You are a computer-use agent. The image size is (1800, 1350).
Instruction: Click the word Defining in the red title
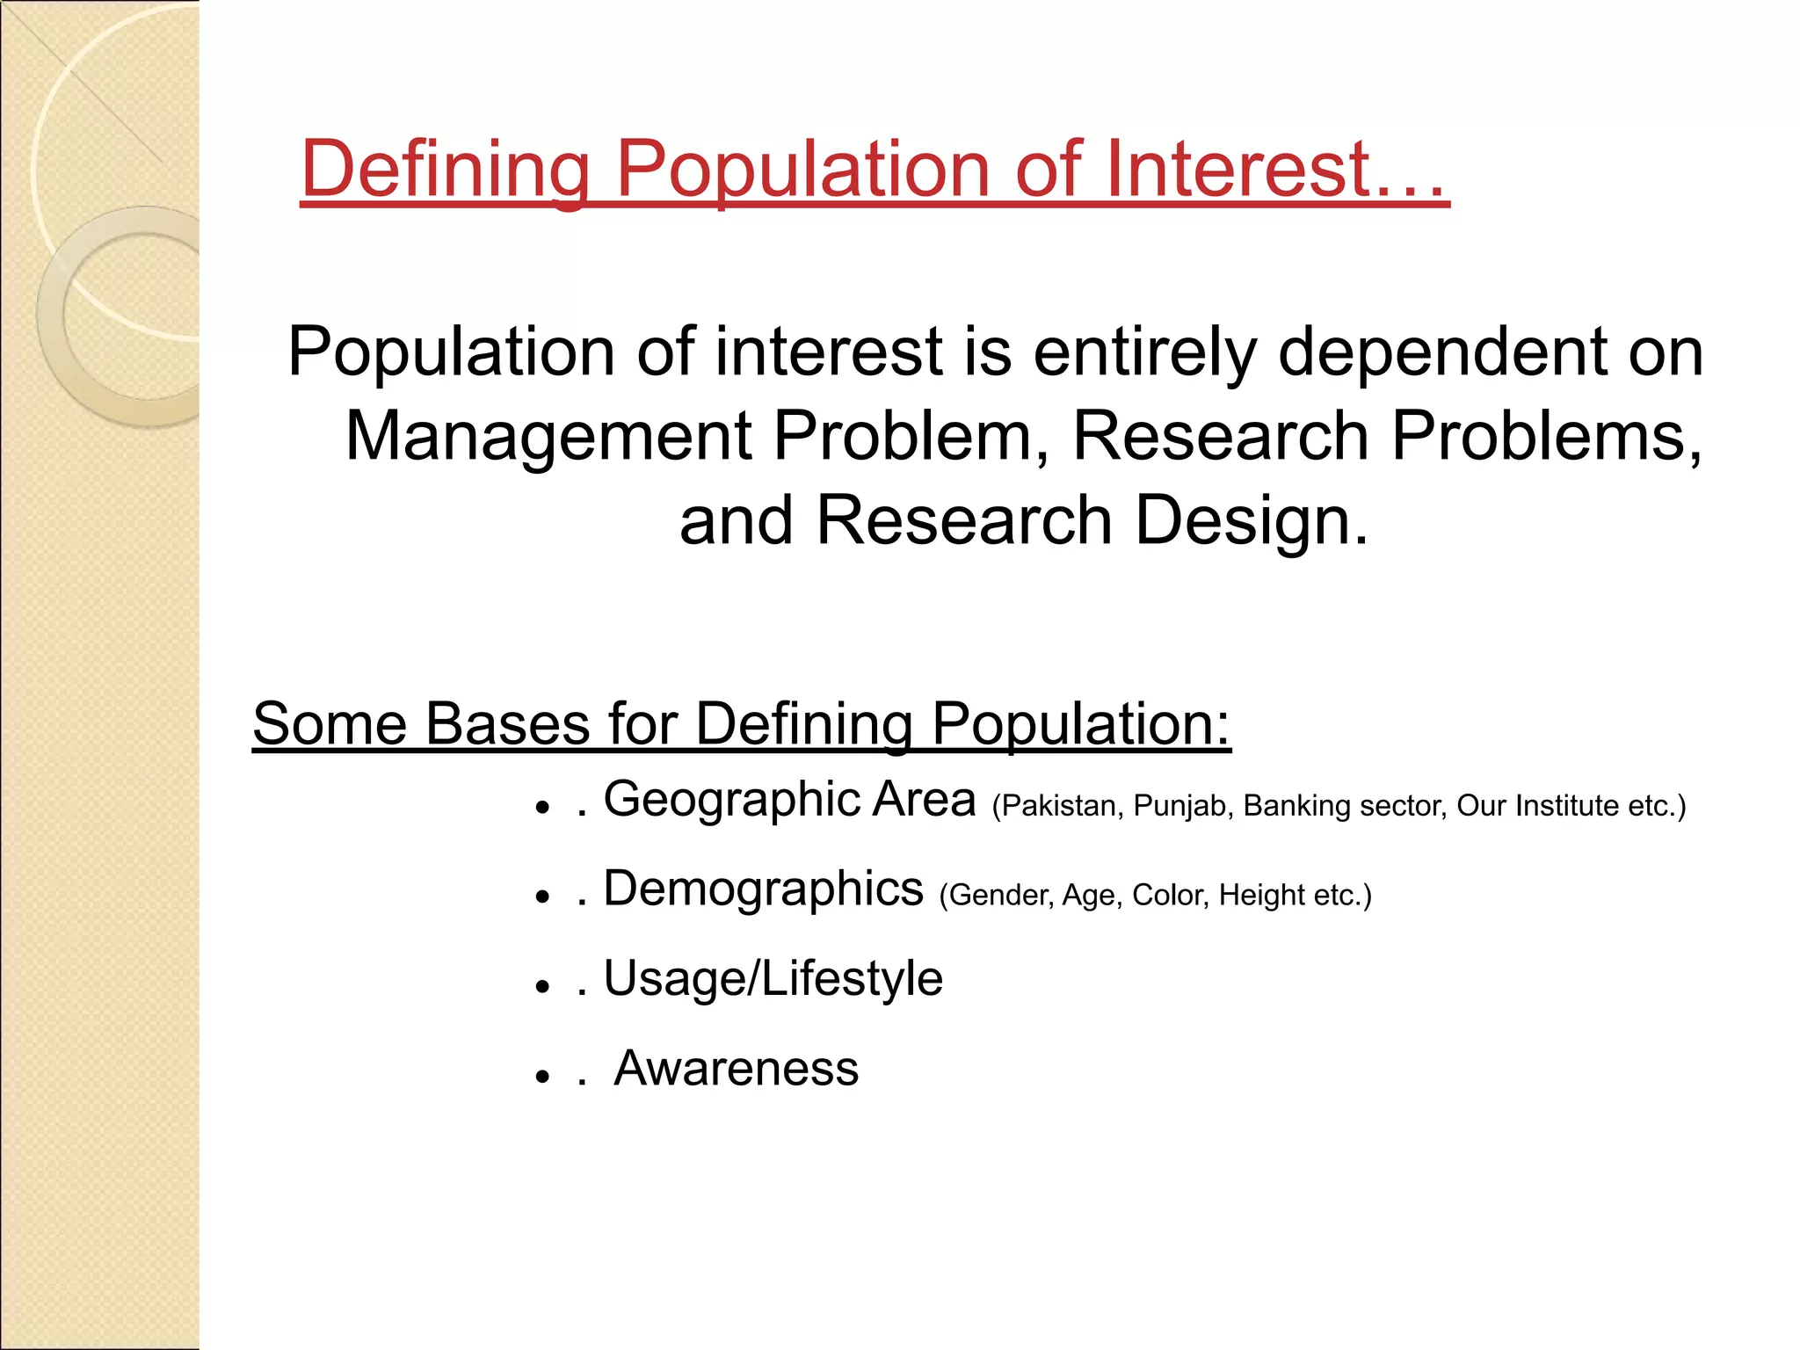[x=445, y=169]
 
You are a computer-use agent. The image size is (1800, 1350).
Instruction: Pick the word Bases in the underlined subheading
[x=508, y=724]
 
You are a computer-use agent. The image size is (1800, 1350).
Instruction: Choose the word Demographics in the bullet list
[x=763, y=889]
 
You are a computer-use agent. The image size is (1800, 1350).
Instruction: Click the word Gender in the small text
[x=999, y=896]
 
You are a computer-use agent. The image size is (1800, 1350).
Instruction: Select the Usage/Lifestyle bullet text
[x=773, y=979]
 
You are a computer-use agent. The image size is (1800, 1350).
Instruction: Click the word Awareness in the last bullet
[x=736, y=1069]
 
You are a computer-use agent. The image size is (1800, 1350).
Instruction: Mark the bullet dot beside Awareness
[x=542, y=1076]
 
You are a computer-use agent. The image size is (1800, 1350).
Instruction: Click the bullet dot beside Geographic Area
[x=542, y=807]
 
